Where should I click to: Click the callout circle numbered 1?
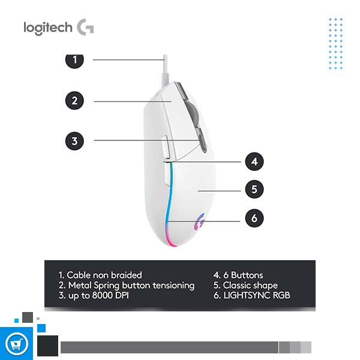pos(74,59)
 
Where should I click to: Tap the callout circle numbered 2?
pos(74,100)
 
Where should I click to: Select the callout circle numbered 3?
pos(74,141)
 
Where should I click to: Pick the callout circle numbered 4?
pos(254,161)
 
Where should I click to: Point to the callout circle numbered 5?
pos(254,190)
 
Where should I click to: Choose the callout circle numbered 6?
pos(254,218)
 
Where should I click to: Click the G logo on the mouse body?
pos(199,223)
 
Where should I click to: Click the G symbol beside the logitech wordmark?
pos(85,27)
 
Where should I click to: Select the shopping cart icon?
pos(16,344)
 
